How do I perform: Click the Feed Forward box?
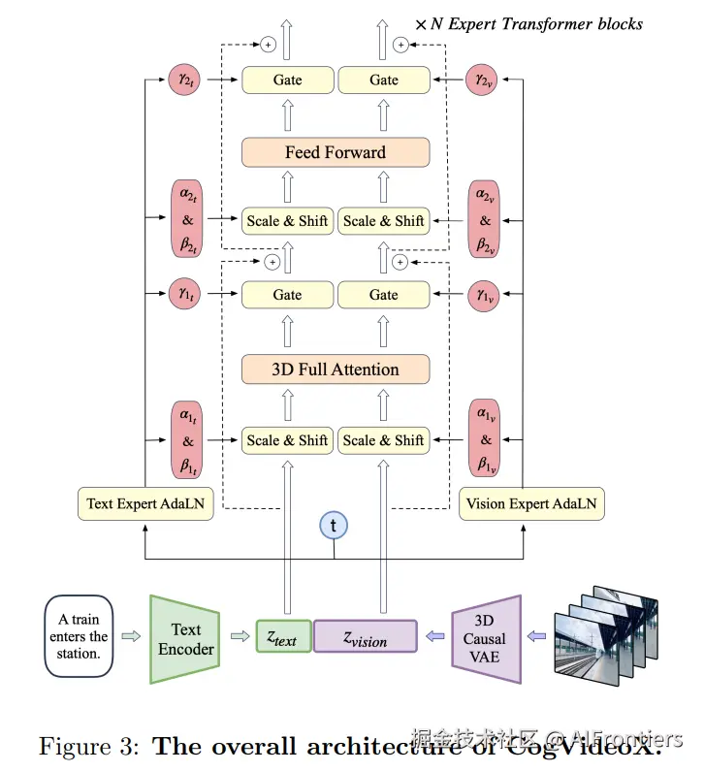(335, 152)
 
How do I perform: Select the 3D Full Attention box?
(335, 370)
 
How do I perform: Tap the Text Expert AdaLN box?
(144, 503)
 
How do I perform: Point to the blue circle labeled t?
(334, 526)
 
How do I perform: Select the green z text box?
(283, 638)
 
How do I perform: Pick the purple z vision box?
(365, 638)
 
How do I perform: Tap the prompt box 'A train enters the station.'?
(79, 637)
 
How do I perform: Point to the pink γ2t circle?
(184, 80)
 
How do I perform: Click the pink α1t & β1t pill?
(188, 440)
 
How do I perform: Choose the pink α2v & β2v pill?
(485, 221)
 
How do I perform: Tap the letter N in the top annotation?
(437, 23)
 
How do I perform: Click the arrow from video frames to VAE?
(534, 637)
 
